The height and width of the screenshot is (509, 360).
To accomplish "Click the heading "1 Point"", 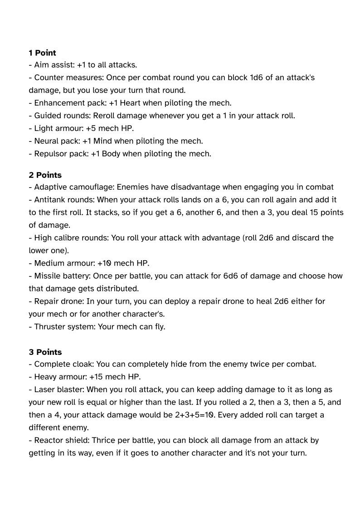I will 42,53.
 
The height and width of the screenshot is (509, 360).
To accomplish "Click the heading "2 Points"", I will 45,175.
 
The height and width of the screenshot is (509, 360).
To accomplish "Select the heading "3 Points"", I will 45,352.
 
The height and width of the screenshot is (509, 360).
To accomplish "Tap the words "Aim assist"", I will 54,65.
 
